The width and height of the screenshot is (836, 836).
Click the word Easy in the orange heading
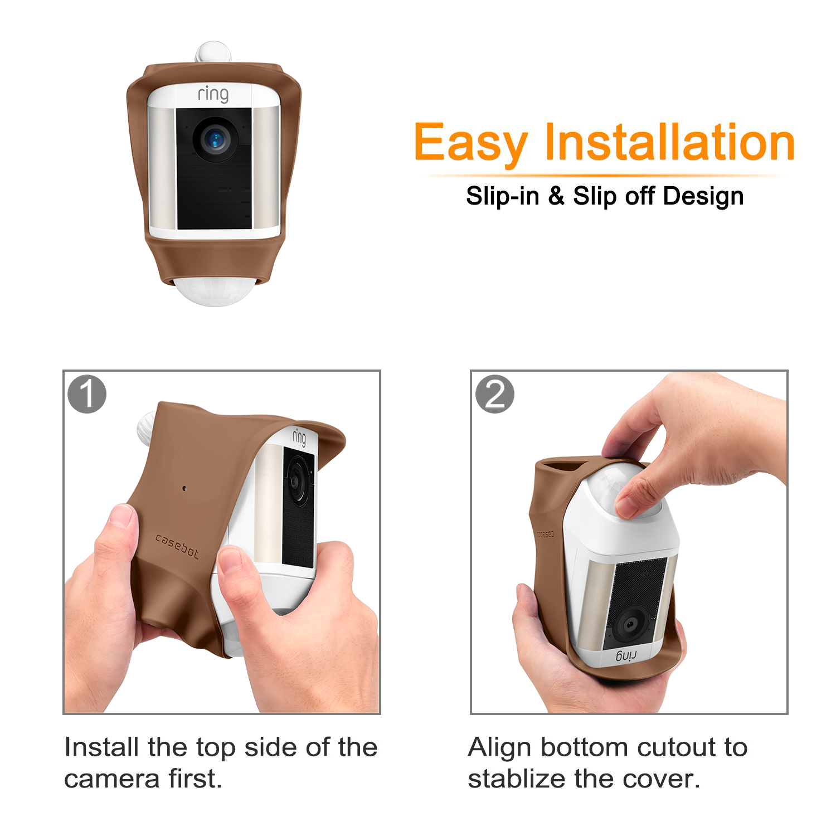pos(471,143)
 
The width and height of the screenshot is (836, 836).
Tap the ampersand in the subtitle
pos(556,196)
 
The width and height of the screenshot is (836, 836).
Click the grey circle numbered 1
pos(87,394)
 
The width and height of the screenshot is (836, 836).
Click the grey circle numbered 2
pos(495,394)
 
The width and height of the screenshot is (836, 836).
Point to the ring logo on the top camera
pos(213,94)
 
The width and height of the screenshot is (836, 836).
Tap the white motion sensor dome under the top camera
pos(215,291)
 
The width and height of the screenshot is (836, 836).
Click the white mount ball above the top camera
pos(213,51)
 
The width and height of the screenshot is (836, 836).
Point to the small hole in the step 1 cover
pos(184,489)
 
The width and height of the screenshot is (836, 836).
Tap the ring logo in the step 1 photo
pos(299,437)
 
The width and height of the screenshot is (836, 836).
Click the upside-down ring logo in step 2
pos(626,655)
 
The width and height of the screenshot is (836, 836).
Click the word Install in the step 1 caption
pos(101,747)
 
